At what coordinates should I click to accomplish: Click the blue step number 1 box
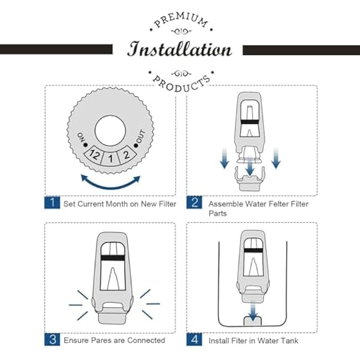point(52,202)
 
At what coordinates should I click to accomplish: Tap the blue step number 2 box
point(194,202)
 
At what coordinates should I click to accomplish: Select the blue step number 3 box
point(52,339)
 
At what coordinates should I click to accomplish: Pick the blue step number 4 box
point(194,339)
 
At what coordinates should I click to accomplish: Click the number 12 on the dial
point(95,155)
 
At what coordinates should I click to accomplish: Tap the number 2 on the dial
point(127,155)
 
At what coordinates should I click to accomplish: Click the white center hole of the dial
point(110,131)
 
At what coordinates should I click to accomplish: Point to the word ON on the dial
point(81,137)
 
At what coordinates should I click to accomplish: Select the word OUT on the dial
point(141,136)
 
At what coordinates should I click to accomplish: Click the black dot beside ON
point(86,145)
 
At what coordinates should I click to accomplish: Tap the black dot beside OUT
point(136,146)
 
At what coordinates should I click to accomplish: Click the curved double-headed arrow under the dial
point(111,187)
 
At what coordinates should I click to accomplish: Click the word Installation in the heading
point(179,49)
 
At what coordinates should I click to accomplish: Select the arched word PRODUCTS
point(182,84)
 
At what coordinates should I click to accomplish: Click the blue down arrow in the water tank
point(253,310)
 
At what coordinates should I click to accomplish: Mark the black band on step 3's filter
point(112,258)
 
